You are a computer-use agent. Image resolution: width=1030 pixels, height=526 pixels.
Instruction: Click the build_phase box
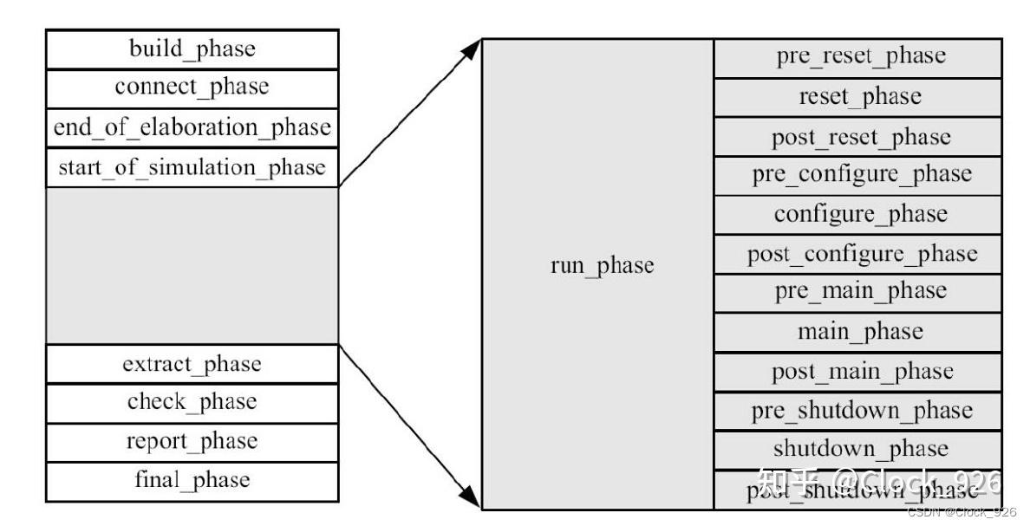pyautogui.click(x=192, y=49)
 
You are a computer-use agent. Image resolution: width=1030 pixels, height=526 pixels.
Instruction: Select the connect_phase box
pyautogui.click(x=192, y=88)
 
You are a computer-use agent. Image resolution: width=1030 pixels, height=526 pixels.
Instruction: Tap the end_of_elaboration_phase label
pyautogui.click(x=192, y=127)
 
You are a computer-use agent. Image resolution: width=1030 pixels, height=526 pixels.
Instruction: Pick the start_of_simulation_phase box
pyautogui.click(x=192, y=166)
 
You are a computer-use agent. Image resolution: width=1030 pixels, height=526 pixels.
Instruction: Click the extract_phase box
pyautogui.click(x=192, y=364)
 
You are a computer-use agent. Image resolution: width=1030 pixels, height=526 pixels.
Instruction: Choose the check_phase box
pyautogui.click(x=192, y=403)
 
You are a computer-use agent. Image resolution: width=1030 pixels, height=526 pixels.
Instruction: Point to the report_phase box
pyautogui.click(x=192, y=442)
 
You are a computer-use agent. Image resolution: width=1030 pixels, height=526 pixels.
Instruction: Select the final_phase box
pyautogui.click(x=192, y=481)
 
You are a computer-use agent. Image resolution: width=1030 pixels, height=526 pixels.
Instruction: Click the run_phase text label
pyautogui.click(x=602, y=265)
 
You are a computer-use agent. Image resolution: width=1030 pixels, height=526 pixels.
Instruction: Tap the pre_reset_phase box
pyautogui.click(x=858, y=58)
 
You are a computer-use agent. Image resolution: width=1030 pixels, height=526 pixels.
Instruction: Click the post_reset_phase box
pyautogui.click(x=858, y=137)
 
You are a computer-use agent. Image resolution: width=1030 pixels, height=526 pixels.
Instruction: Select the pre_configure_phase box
pyautogui.click(x=858, y=176)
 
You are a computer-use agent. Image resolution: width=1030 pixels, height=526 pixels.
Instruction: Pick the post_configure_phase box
pyautogui.click(x=858, y=255)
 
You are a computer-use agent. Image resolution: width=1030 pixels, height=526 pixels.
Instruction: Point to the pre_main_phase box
pyautogui.click(x=858, y=293)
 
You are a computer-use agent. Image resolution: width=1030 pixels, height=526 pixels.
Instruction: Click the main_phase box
pyautogui.click(x=858, y=333)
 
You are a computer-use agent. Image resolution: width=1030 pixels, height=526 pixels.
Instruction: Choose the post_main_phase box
pyautogui.click(x=858, y=372)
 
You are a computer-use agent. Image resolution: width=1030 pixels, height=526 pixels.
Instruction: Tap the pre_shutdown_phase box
pyautogui.click(x=858, y=411)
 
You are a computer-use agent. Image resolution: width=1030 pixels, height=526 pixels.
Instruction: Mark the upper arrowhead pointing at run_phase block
pyautogui.click(x=471, y=49)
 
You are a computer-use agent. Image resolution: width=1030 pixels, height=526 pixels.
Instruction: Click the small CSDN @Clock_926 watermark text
pyautogui.click(x=961, y=513)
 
